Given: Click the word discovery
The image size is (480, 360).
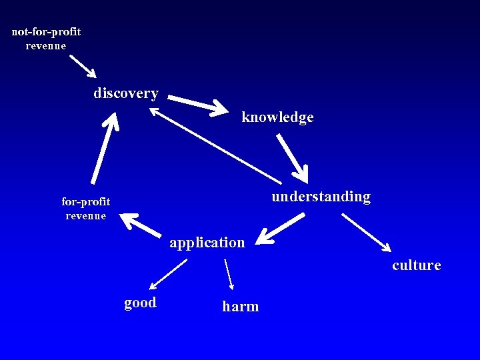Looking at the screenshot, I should click(126, 93).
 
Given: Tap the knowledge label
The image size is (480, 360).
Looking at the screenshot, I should click(277, 117).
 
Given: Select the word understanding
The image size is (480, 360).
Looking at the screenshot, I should click(321, 197).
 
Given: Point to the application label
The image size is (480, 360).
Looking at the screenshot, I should click(207, 243).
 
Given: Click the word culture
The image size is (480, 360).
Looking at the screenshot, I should click(417, 265).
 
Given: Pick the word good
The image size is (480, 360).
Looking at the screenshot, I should click(140, 303).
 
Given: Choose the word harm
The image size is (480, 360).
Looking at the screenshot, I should click(241, 307).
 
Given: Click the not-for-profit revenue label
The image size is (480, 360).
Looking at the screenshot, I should click(46, 39).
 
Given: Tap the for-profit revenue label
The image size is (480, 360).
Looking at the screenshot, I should click(86, 208).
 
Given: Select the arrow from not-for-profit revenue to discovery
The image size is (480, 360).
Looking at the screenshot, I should click(83, 66).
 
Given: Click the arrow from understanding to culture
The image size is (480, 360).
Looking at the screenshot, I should click(366, 232).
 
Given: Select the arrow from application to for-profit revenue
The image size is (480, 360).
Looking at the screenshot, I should click(141, 225).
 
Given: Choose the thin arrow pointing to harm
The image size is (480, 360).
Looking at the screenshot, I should click(229, 274).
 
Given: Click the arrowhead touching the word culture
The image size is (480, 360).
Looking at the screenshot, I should click(386, 247).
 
